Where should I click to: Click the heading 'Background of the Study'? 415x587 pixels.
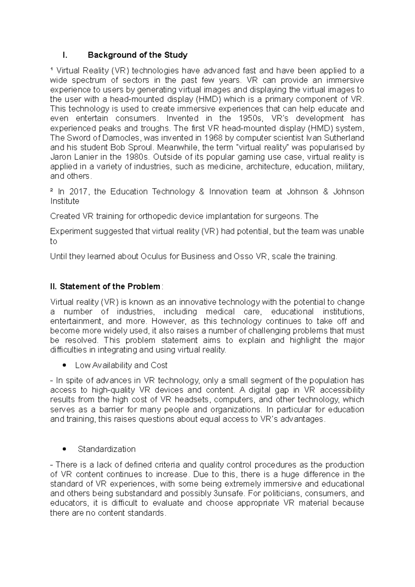click(137, 55)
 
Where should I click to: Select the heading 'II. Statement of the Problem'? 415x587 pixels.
click(105, 287)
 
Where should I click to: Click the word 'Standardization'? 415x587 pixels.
click(107, 449)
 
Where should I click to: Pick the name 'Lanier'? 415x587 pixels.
click(85, 157)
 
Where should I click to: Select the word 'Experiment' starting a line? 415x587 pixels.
click(70, 231)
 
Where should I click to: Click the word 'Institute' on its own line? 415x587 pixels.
click(65, 201)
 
